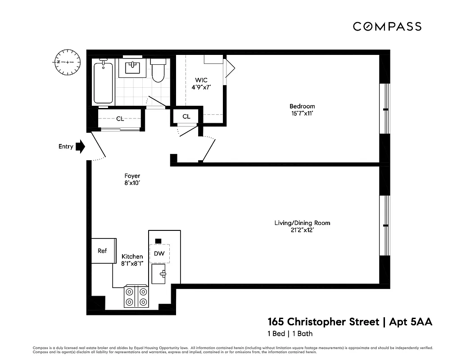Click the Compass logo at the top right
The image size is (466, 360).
pyautogui.click(x=387, y=27)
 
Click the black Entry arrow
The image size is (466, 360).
pyautogui.click(x=80, y=146)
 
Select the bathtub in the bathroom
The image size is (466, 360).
pyautogui.click(x=103, y=82)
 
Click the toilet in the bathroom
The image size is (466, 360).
pyautogui.click(x=158, y=71)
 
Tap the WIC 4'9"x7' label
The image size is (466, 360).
pyautogui.click(x=201, y=84)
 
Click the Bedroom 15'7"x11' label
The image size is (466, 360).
pyautogui.click(x=302, y=110)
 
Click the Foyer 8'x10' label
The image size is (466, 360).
pyautogui.click(x=132, y=180)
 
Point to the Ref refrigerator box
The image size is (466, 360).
pyautogui.click(x=103, y=251)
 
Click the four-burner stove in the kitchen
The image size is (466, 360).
pyautogui.click(x=136, y=297)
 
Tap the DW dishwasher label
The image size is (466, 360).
pyautogui.click(x=159, y=253)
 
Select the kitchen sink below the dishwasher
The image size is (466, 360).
pyautogui.click(x=160, y=274)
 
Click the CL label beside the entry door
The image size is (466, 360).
pyautogui.click(x=120, y=119)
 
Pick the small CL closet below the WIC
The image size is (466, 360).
pyautogui.click(x=186, y=117)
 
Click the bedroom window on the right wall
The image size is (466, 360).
pyautogui.click(x=385, y=109)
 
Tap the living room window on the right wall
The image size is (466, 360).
pyautogui.click(x=385, y=225)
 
